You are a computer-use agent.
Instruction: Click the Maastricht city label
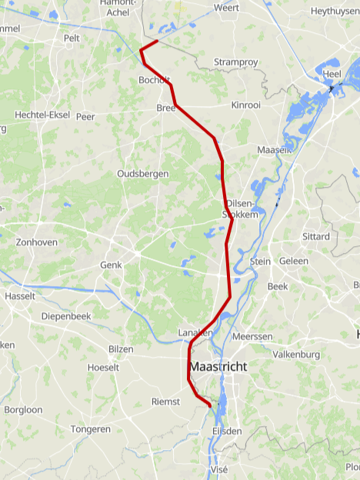218,367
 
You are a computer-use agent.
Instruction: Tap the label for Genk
111,265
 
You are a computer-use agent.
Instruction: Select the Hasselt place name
19,296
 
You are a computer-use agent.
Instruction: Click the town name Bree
166,108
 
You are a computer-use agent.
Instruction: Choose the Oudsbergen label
142,174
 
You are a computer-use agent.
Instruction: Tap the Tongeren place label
91,428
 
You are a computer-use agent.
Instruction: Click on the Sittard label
315,236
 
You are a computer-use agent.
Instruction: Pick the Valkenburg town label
296,355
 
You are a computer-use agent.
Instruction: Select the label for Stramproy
234,62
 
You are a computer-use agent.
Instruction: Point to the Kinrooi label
246,104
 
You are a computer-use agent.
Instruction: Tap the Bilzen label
121,349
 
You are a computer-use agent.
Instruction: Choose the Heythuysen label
335,12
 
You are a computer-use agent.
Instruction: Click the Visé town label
218,468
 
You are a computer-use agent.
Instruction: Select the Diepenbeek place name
66,316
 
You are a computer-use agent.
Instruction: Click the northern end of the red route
157,41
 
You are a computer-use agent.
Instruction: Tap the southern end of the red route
210,405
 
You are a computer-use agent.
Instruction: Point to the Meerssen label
252,337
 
